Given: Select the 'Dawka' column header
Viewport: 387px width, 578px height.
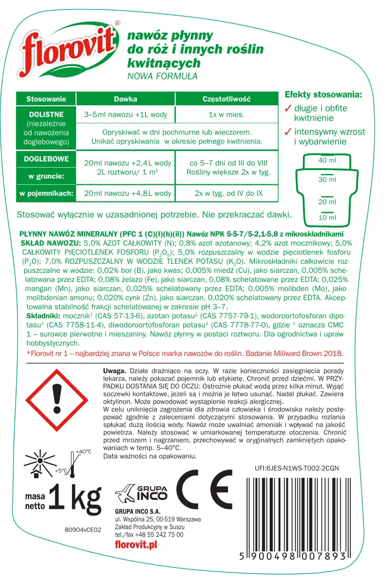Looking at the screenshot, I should pyautogui.click(x=125, y=99).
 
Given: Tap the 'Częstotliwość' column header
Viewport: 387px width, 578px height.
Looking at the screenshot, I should pyautogui.click(x=226, y=99).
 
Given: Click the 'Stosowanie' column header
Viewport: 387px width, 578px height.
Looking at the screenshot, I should pyautogui.click(x=46, y=99).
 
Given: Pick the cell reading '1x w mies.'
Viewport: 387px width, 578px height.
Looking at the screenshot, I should pyautogui.click(x=226, y=114).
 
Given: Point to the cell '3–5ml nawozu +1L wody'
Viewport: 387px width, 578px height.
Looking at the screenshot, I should pyautogui.click(x=125, y=114).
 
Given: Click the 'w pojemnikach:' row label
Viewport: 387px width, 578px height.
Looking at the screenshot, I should pyautogui.click(x=46, y=193).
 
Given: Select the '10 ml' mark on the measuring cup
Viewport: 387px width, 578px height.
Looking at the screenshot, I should pyautogui.click(x=327, y=218).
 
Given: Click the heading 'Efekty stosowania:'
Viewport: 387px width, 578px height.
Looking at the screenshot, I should pyautogui.click(x=323, y=95).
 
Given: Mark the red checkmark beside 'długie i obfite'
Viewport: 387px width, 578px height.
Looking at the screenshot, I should pyautogui.click(x=288, y=108).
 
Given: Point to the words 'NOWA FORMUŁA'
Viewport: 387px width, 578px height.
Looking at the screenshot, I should pyautogui.click(x=163, y=77).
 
